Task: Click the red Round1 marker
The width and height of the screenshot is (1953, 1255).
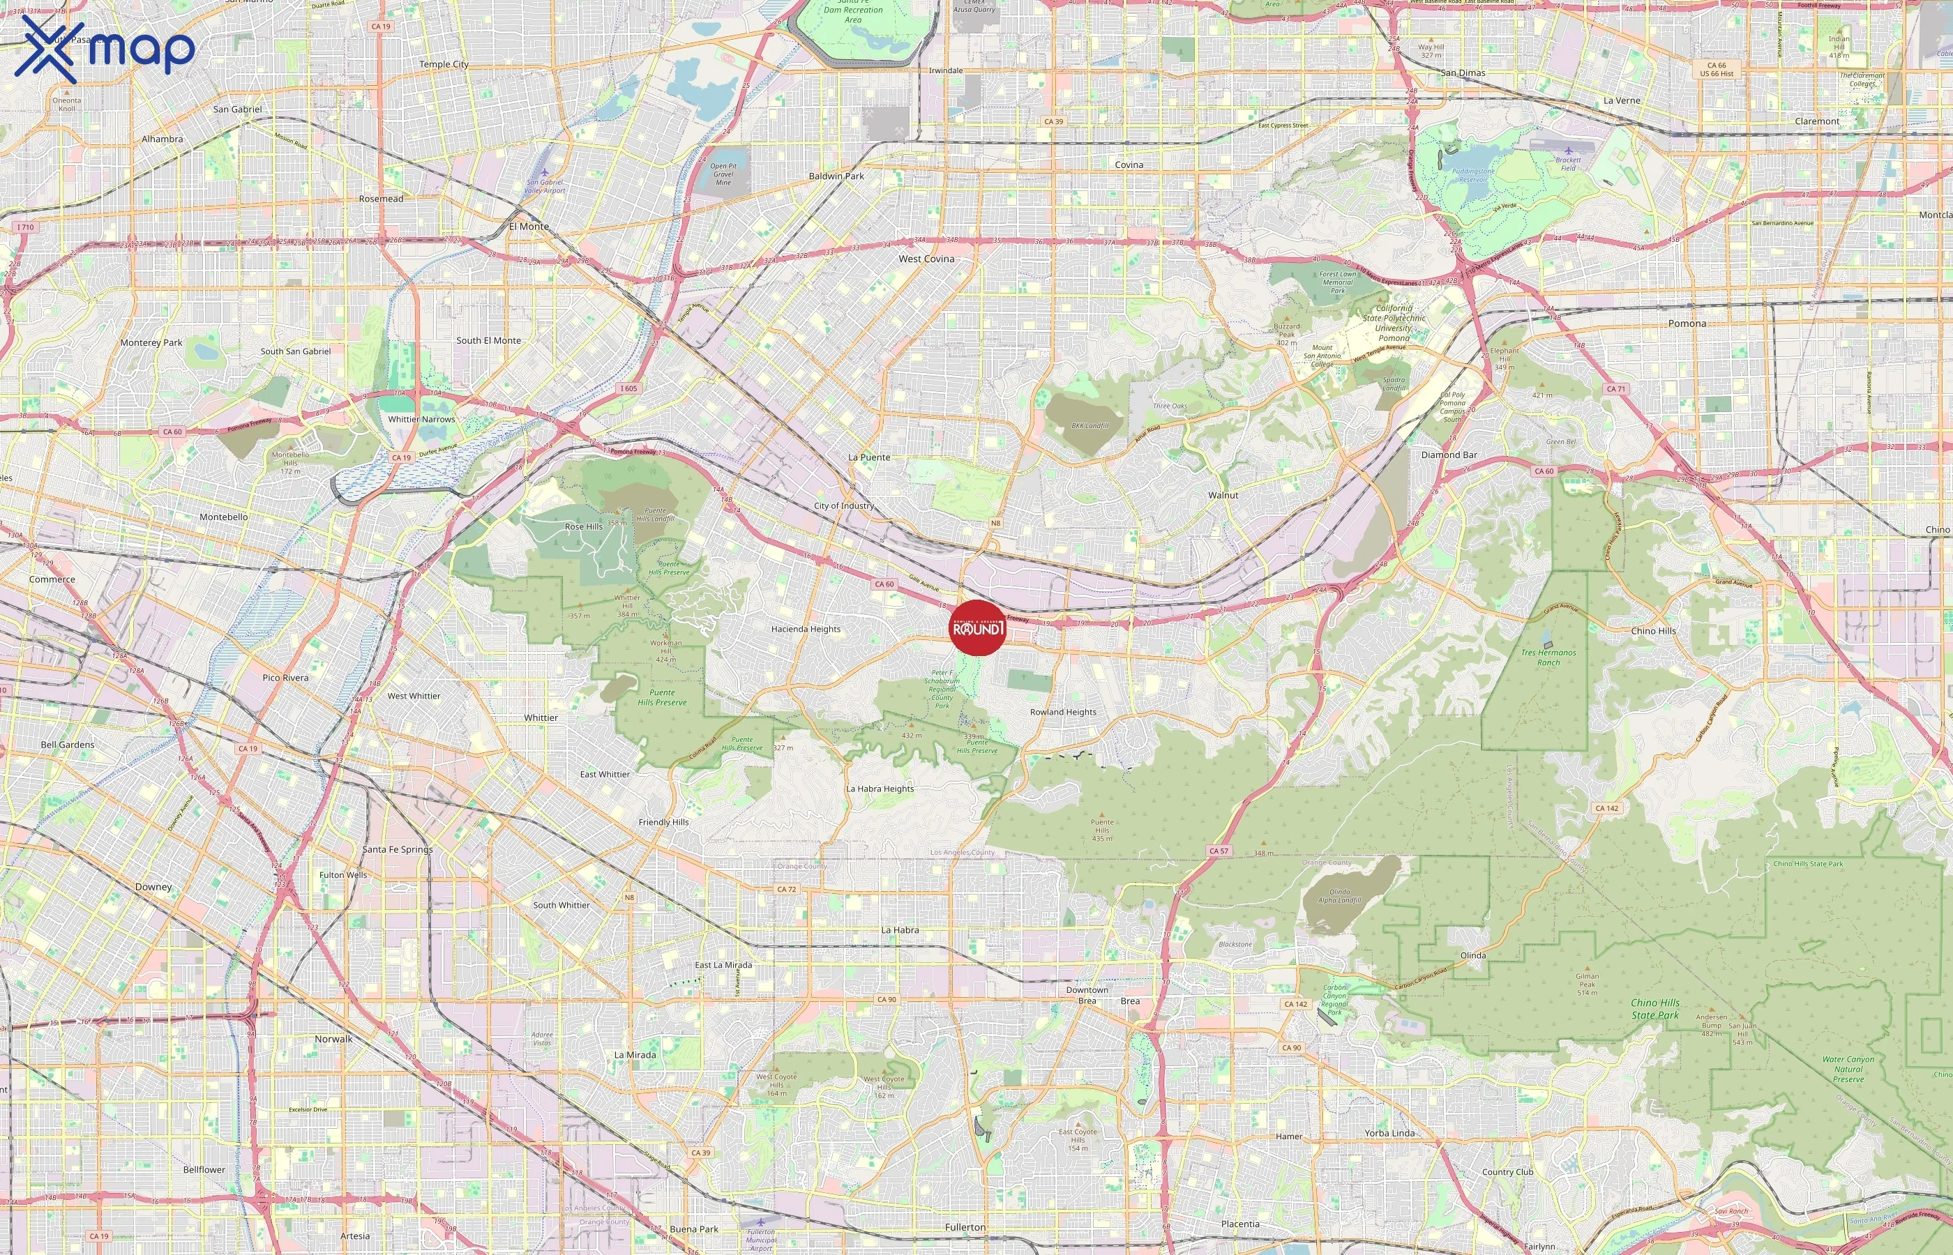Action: pos(978,627)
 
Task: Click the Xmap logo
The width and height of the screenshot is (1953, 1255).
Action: pos(105,49)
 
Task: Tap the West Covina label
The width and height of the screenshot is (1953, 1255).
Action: pos(926,259)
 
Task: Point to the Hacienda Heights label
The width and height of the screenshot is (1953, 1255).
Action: pos(806,629)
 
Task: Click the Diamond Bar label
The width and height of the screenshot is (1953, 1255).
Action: pos(1449,455)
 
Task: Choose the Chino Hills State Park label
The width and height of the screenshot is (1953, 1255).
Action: pos(1654,1009)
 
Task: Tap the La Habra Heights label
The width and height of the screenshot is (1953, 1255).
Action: pos(880,789)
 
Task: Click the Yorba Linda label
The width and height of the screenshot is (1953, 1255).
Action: pos(1389,1134)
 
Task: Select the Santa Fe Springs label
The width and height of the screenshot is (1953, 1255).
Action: pos(398,849)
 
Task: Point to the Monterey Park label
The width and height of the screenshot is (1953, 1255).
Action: pos(151,343)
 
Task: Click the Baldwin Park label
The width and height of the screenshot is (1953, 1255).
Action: pos(836,176)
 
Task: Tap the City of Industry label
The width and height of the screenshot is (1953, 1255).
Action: pos(844,506)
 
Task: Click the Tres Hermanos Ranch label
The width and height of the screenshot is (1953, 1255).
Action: pos(1548,657)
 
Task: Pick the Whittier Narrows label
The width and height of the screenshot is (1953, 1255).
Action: pos(421,420)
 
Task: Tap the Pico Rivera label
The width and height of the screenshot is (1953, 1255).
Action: pos(285,678)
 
